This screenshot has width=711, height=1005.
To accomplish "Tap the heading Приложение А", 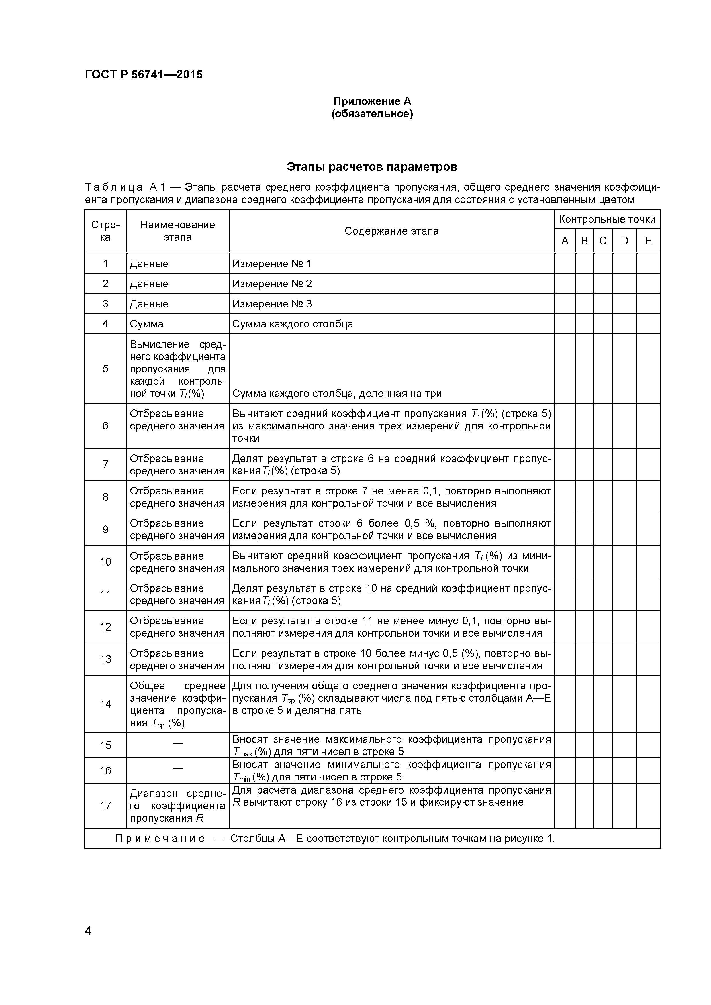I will (372, 101).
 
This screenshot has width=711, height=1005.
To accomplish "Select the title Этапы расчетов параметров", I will (372, 167).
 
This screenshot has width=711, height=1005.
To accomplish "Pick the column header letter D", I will (624, 241).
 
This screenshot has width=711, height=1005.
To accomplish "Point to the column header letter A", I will (565, 241).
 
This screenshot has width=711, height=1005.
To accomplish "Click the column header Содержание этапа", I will (391, 231).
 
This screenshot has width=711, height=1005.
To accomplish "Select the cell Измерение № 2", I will (272, 284).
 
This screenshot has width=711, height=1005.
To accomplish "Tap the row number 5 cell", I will (105, 368).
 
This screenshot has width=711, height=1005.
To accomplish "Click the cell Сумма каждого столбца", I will (293, 324).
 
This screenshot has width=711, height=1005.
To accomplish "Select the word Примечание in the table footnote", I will (160, 839).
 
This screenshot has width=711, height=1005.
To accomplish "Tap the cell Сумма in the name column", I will (147, 324).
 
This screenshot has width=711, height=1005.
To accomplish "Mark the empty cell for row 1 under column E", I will (648, 264).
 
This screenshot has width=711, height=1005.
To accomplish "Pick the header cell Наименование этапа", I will (177, 231).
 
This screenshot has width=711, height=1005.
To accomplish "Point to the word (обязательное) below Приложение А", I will (372, 114).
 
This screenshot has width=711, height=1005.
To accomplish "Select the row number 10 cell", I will (105, 562).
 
